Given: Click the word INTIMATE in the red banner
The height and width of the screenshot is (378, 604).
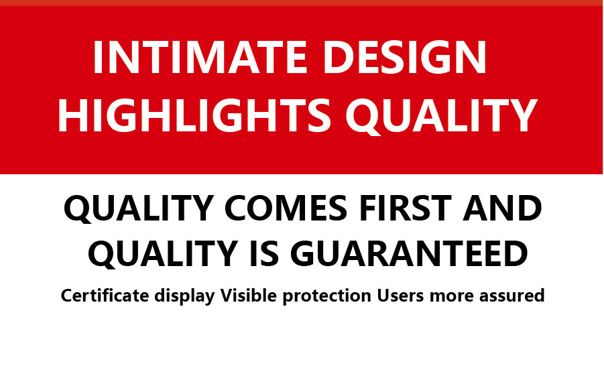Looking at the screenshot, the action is click(x=200, y=57).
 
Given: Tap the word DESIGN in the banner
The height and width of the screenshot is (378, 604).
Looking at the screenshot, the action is click(x=405, y=57).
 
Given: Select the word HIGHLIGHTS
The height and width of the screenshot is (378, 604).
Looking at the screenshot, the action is click(x=194, y=115).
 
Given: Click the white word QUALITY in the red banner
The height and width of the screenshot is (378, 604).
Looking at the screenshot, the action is click(x=441, y=116).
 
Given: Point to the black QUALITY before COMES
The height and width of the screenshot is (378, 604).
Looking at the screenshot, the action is click(x=139, y=208).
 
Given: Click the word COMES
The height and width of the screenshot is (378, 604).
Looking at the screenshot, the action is click(x=286, y=208).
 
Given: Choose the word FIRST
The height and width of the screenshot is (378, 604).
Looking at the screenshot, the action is click(x=405, y=208).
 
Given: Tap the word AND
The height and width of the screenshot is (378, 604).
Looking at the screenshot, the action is click(x=502, y=208).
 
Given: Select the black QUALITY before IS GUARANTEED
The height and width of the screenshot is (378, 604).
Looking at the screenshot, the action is click(x=162, y=253).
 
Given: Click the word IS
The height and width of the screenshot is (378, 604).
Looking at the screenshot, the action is click(x=264, y=253).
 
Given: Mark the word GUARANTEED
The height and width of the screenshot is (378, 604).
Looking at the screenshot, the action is click(x=409, y=253).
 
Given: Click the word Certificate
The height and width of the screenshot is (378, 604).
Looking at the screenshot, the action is click(x=105, y=296).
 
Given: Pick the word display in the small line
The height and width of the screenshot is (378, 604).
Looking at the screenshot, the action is click(x=184, y=296).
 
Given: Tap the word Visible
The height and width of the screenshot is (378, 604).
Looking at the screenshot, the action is click(x=249, y=296).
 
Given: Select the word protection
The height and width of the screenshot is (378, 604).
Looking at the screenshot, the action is click(x=326, y=296).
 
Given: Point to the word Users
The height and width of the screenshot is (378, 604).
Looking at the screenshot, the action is click(x=400, y=296).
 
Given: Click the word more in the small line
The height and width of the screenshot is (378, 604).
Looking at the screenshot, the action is click(x=451, y=297).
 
